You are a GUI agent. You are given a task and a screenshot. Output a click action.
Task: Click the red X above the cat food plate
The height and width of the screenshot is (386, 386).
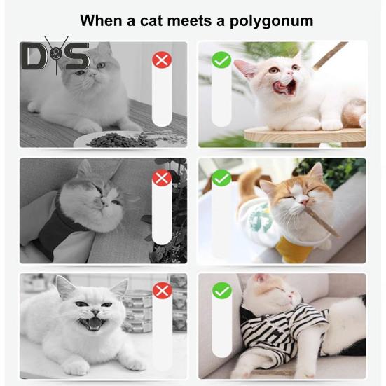(x=162, y=60)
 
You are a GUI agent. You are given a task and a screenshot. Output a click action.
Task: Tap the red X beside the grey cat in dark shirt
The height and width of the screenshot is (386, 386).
(x=162, y=178)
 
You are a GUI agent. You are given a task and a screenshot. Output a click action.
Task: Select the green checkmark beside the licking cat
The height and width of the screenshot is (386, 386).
(x=221, y=60)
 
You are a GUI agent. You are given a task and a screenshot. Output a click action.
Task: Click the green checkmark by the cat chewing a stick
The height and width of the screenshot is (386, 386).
(x=221, y=178)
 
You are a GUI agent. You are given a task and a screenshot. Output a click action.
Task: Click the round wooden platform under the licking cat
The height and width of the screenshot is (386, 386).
(x=305, y=135)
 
